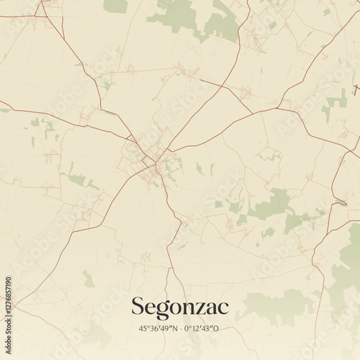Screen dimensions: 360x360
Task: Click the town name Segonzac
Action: tap(179, 307)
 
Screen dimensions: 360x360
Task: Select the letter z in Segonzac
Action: tap(200, 308)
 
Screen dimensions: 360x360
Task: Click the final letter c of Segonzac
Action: tap(223, 308)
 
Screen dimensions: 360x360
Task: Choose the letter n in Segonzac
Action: tap(189, 308)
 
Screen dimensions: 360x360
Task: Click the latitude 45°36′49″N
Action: tap(158, 328)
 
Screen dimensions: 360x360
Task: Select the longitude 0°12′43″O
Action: tap(202, 328)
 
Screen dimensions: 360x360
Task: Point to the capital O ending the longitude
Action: tap(217, 328)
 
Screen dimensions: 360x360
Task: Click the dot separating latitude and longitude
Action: tap(180, 328)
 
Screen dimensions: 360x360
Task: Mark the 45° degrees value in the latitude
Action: tap(144, 328)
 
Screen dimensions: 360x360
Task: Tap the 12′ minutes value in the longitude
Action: tap(197, 328)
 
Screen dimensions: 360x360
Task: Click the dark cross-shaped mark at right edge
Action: tap(355, 90)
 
